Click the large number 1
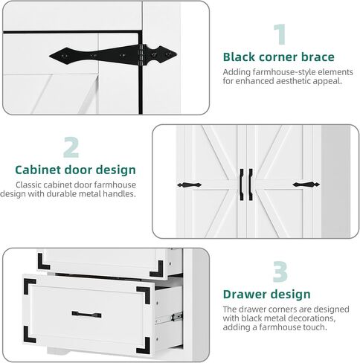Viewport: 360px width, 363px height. click(280, 34)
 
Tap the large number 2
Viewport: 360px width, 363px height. click(71, 147)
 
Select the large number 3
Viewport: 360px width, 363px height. click(280, 272)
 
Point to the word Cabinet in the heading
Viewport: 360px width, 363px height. click(38, 170)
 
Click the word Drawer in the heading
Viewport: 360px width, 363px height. click(242, 295)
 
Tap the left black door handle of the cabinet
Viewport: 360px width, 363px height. click(242, 184)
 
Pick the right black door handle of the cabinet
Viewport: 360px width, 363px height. click(251, 184)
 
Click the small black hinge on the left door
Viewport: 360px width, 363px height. click(190, 185)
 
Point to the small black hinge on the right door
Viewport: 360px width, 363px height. click(306, 184)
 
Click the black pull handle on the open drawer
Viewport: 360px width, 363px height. click(86, 315)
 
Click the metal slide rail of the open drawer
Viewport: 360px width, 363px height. click(169, 318)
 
